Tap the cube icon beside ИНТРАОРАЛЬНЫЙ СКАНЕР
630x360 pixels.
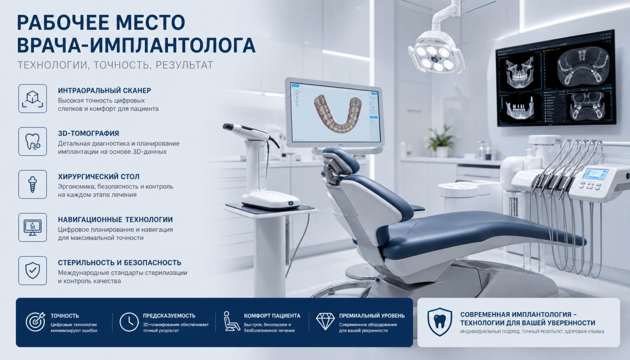click(x=33, y=99)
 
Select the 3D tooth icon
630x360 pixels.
click(x=33, y=141)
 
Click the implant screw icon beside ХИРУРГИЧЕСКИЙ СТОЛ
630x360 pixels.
click(x=33, y=184)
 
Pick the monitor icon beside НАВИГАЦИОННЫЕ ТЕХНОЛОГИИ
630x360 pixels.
click(x=33, y=227)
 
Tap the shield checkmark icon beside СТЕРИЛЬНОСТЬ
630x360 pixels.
click(x=33, y=270)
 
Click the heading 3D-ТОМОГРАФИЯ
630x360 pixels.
click(x=89, y=133)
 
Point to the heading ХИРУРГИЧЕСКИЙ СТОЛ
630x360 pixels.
click(x=99, y=176)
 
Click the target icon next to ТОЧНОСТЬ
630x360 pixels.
click(x=36, y=322)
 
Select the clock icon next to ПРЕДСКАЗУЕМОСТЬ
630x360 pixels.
click(x=129, y=322)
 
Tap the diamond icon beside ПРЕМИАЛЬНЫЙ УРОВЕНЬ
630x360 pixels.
click(x=325, y=321)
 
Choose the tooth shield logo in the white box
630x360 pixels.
click(x=439, y=322)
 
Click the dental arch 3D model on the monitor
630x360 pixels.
click(x=338, y=113)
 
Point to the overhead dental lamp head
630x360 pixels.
click(x=435, y=56)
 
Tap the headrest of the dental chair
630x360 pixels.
click(x=341, y=160)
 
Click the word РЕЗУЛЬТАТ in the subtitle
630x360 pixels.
click(x=184, y=65)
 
